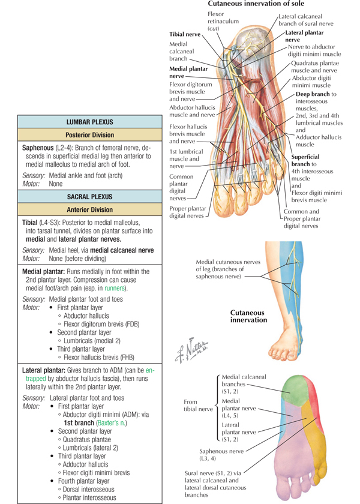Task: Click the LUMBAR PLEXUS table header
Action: pos(89,122)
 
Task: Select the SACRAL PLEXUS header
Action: pos(89,197)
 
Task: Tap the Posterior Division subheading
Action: pos(89,135)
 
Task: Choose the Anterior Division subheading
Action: pos(89,210)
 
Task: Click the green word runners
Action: pos(115,289)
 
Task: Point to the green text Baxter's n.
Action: pos(112,422)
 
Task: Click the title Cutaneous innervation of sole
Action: pos(256,4)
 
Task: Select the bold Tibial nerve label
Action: pos(185,34)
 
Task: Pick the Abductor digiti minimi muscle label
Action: pos(311,82)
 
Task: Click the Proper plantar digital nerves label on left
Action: pos(188,212)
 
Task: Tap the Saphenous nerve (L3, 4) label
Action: pos(221,455)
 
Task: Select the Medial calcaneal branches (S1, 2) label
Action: pos(244,384)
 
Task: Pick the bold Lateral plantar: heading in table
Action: pos(44,370)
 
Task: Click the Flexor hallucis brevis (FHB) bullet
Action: pos(97,358)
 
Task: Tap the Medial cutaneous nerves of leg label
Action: pos(228,269)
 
